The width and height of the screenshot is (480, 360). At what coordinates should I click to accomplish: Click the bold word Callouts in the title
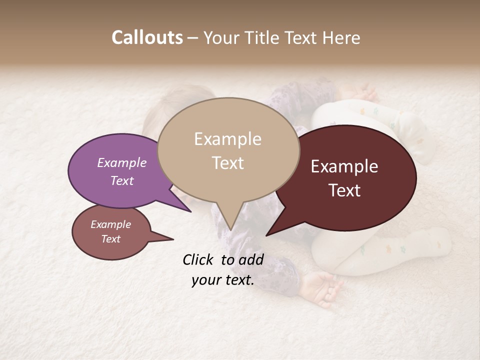pos(147,37)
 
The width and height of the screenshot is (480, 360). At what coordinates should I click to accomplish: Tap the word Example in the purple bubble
pos(122,162)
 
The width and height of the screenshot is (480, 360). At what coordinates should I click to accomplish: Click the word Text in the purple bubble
pos(122,180)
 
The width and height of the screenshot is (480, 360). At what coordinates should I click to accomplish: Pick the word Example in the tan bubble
pos(227,139)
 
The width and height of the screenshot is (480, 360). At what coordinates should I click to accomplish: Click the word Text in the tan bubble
pos(228,163)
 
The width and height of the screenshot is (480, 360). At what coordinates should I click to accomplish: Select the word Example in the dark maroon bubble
pos(344,166)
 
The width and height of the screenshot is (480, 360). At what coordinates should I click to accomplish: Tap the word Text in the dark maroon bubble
pos(345,190)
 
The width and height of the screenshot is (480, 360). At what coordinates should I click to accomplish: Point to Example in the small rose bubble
pos(111,224)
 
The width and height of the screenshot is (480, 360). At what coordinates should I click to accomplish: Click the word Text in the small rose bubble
pos(111,239)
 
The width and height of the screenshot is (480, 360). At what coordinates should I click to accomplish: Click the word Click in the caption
pos(199,259)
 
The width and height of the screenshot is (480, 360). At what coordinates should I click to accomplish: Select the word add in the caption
pos(252,259)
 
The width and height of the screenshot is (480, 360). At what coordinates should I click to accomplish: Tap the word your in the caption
pos(205,280)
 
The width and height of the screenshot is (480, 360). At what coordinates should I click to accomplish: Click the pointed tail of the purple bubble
pos(190,211)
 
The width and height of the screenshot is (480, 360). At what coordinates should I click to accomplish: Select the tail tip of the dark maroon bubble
pos(266,235)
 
